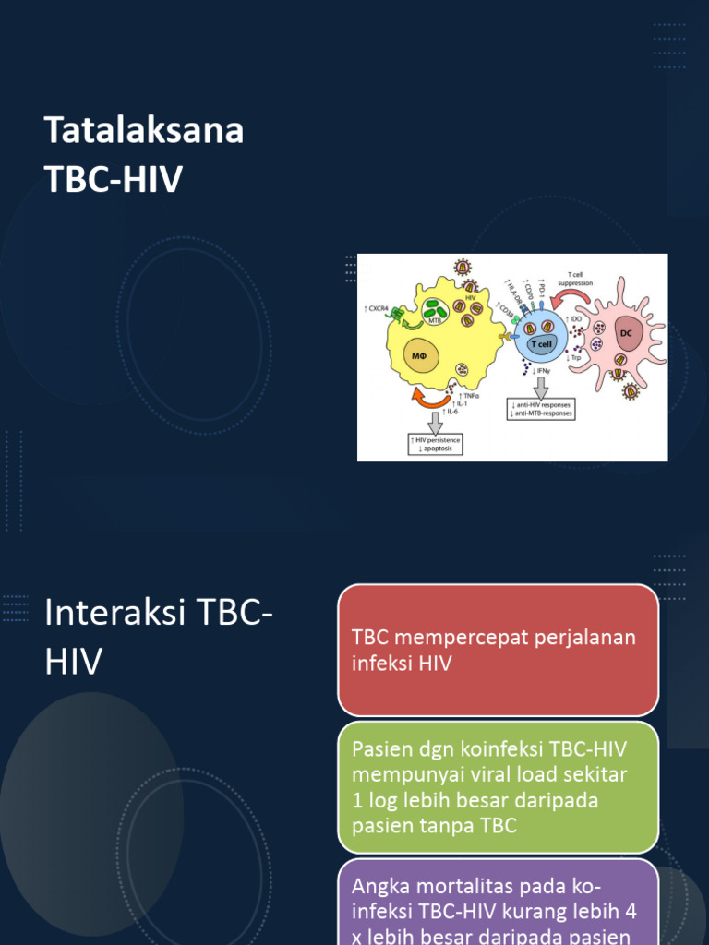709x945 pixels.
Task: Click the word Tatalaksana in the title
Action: pos(144,131)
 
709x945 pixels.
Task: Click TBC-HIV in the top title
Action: pos(114,181)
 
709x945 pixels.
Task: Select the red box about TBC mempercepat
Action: pos(499,650)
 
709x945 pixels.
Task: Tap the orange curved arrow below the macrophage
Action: pos(433,396)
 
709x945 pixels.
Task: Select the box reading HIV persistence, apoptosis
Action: pos(434,445)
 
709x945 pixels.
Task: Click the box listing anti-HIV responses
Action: pos(541,408)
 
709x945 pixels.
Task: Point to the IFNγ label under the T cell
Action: pos(543,370)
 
